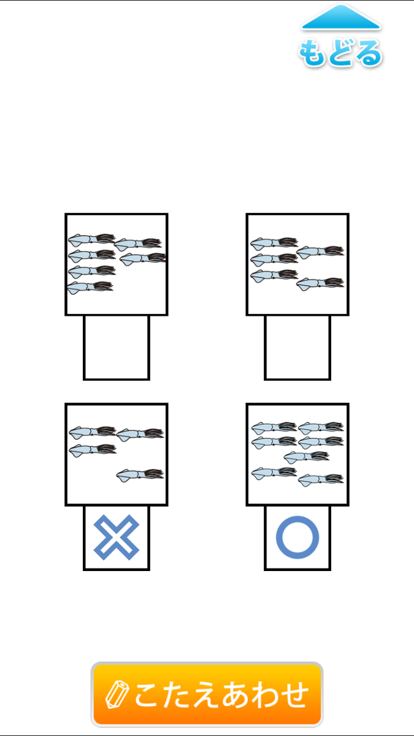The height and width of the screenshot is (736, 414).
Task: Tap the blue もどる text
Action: tap(340, 53)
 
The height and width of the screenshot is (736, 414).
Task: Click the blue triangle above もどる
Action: tap(341, 17)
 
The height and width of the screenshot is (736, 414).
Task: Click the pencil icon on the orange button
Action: tap(117, 694)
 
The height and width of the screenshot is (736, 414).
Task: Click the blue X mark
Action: tap(117, 537)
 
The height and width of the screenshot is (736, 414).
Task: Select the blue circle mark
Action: tap(297, 537)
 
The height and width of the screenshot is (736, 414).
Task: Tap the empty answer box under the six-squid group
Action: tap(117, 348)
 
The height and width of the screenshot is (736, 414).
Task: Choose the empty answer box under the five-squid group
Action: tap(297, 348)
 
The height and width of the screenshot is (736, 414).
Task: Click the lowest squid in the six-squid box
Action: tap(90, 288)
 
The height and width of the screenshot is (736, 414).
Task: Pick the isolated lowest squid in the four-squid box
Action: tap(140, 475)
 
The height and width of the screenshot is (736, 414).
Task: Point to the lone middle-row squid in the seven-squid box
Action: tap(307, 457)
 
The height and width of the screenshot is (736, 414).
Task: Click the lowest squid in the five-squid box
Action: tap(320, 284)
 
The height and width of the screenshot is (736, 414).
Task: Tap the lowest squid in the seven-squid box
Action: tap(321, 480)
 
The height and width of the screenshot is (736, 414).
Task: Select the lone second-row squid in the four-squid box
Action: tap(93, 450)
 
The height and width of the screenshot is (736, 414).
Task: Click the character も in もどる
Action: tap(312, 53)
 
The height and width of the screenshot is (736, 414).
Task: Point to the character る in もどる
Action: tap(369, 54)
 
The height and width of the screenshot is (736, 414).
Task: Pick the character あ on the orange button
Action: tap(236, 694)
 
